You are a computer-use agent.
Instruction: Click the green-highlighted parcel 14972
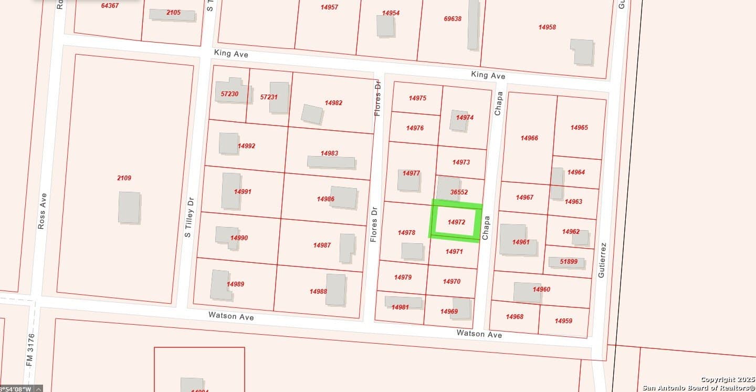click(456, 222)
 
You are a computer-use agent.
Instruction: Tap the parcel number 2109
click(124, 178)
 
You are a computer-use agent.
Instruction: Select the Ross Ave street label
click(43, 211)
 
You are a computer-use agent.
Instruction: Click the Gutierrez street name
click(602, 260)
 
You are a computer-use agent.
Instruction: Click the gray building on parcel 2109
click(129, 207)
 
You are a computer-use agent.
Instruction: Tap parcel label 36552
click(459, 192)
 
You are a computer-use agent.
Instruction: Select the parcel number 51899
click(569, 262)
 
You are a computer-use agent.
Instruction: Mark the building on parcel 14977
click(408, 180)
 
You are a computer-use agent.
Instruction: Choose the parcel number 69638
click(453, 18)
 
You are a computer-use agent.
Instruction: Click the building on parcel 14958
click(582, 51)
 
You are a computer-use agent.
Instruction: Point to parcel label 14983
click(329, 153)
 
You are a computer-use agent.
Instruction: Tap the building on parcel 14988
click(335, 290)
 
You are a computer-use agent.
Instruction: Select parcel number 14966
click(529, 138)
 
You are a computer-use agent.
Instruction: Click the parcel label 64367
click(110, 6)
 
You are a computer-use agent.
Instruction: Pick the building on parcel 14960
click(527, 292)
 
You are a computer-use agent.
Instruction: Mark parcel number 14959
click(563, 321)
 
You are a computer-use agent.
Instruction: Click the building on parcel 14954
click(385, 25)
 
